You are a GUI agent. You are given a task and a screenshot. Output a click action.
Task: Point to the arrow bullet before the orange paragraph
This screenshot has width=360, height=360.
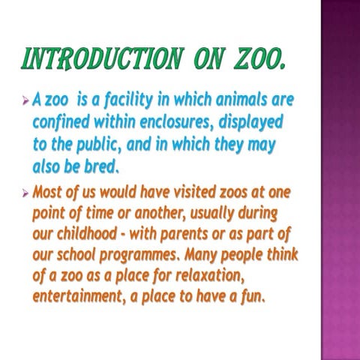click(26, 193)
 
